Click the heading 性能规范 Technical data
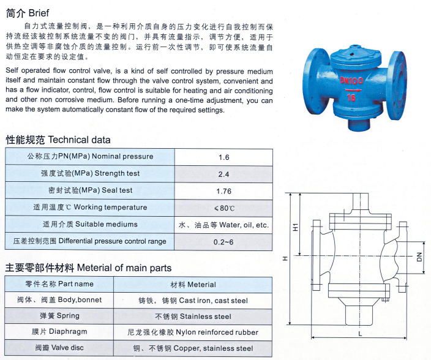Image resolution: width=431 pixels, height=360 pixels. point(58,140)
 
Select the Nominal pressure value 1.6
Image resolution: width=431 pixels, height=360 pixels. point(223,157)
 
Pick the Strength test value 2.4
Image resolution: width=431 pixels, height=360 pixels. point(223,174)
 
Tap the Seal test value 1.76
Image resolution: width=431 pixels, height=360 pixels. point(223,191)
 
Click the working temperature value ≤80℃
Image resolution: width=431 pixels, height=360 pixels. point(223,208)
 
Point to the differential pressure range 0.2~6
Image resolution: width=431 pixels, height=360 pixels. point(223,242)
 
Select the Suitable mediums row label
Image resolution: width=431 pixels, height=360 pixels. point(90,225)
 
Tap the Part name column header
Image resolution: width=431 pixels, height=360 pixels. point(59,284)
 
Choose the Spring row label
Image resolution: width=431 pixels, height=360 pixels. point(59,316)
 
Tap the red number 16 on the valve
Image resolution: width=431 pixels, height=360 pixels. point(352,97)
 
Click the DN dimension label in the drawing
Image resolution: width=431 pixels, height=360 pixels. point(419,258)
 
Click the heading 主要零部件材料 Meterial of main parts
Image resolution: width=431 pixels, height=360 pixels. point(89,268)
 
